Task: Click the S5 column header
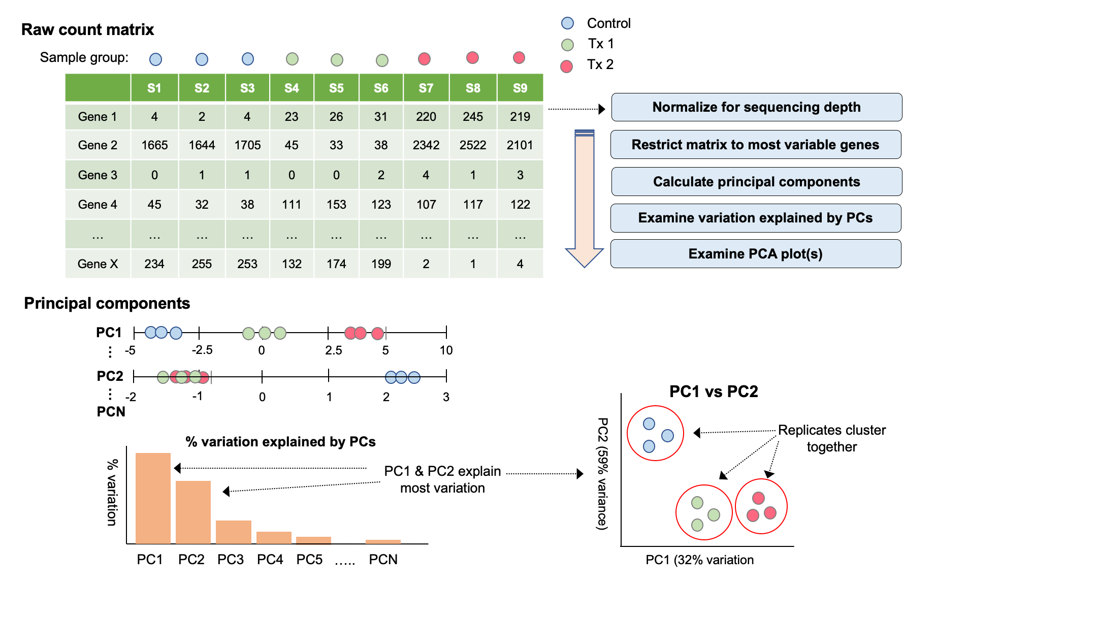[336, 88]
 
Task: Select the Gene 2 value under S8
[473, 145]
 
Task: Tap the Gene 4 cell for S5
[336, 205]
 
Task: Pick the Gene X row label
[98, 264]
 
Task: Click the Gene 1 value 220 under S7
[426, 117]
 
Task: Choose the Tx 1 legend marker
[567, 45]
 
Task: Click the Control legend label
[608, 23]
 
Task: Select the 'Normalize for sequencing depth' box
[756, 107]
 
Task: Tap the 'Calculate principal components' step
[756, 182]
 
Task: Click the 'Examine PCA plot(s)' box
[755, 254]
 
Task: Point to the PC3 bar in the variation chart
[234, 532]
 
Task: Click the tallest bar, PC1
[153, 498]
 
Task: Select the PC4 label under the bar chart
[270, 560]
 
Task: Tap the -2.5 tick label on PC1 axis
[202, 350]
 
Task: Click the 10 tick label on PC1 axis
[446, 350]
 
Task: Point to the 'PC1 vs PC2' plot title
[714, 392]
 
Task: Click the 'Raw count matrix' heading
[87, 29]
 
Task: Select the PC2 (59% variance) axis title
[602, 474]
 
